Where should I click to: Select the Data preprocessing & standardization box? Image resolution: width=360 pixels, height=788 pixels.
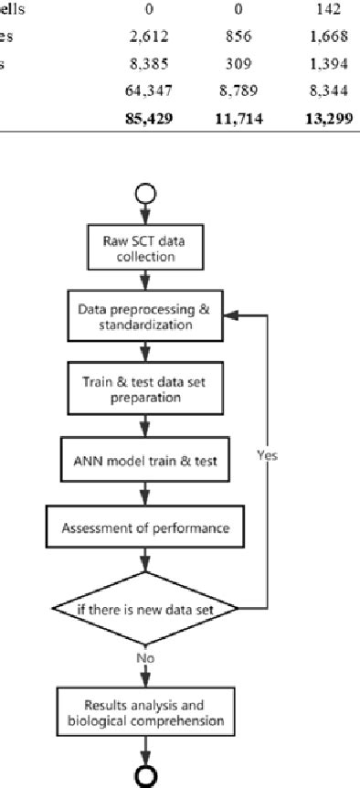pyautogui.click(x=144, y=316)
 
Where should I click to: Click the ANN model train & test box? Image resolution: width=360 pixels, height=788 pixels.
pyautogui.click(x=144, y=461)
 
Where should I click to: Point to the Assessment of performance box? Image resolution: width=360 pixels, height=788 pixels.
pyautogui.click(x=144, y=527)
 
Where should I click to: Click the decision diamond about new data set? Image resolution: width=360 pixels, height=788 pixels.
pyautogui.click(x=144, y=608)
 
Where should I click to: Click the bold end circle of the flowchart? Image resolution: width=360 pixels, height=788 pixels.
pyautogui.click(x=144, y=774)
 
